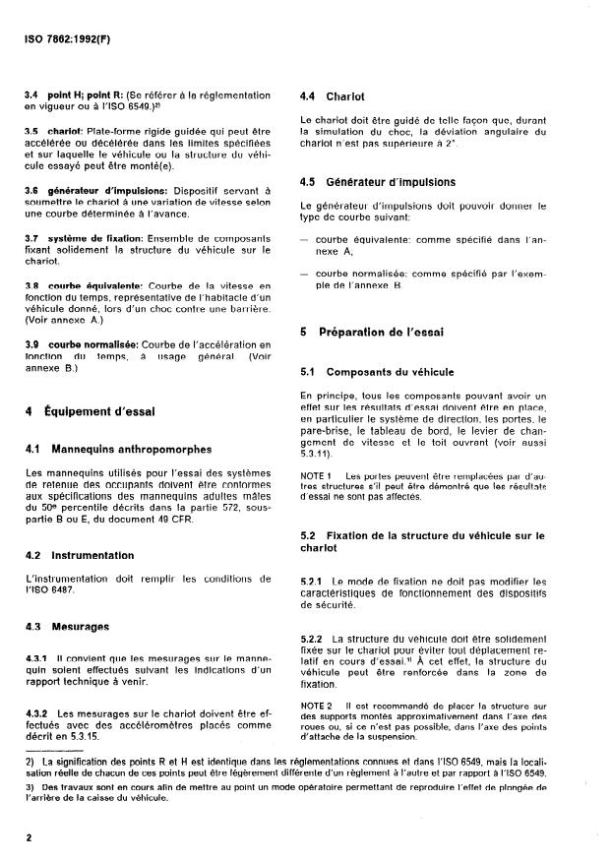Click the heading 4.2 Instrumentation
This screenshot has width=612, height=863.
[81, 555]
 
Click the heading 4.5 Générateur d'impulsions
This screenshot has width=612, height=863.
[363, 181]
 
